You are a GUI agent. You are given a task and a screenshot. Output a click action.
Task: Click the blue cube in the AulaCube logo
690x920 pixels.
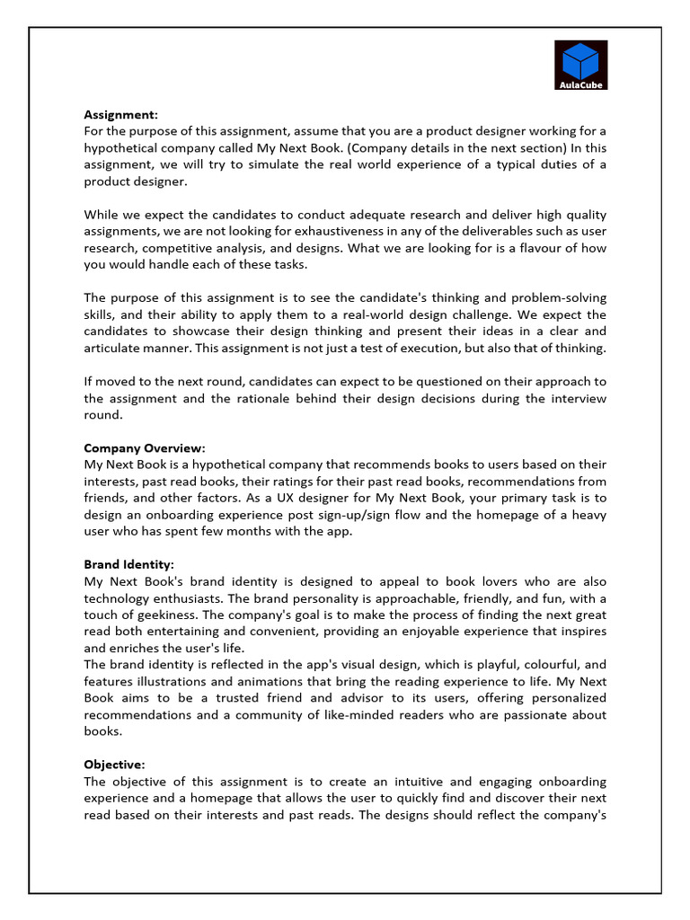(579, 59)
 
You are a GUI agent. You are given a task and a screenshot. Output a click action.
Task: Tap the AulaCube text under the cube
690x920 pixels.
(579, 85)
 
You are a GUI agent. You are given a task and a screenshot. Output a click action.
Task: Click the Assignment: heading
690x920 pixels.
(120, 114)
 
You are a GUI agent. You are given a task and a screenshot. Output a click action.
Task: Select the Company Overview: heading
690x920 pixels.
(145, 447)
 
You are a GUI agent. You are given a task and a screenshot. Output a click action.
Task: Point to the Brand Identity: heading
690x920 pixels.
(129, 565)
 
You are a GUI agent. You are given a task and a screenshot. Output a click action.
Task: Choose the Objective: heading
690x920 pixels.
(114, 765)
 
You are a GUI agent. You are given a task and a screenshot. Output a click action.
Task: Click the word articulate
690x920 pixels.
(117, 349)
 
